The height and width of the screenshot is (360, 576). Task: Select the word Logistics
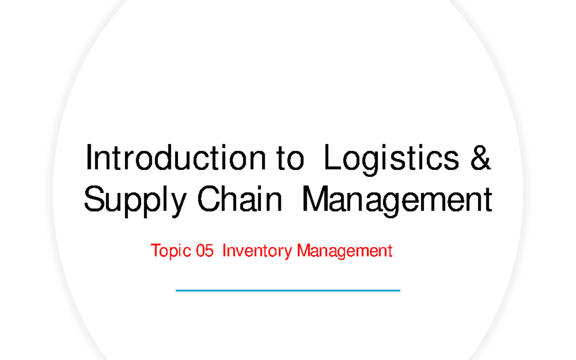pos(392,159)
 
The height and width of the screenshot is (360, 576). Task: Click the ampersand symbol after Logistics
pos(481,159)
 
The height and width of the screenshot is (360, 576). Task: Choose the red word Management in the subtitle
pos(345,251)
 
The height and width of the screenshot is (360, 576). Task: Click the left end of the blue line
pos(177,290)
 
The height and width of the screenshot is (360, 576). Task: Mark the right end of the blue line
pos(399,290)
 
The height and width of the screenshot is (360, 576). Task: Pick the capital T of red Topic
pos(155,251)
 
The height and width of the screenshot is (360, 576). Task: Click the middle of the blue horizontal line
pos(288,290)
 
